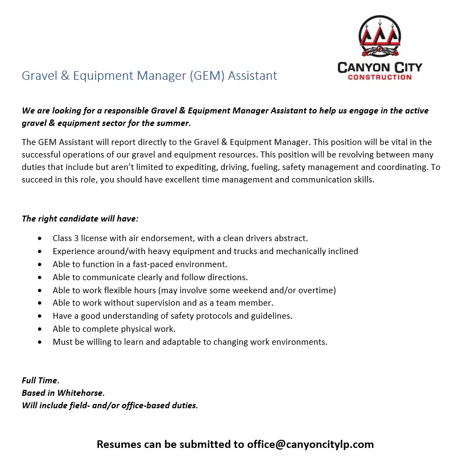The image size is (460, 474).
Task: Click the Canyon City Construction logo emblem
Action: click(380, 37)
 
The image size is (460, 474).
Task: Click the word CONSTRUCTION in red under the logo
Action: click(380, 77)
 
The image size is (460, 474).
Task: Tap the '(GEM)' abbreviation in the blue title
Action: click(207, 75)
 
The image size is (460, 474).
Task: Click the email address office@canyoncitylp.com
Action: click(310, 444)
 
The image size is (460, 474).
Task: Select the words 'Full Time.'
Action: click(41, 381)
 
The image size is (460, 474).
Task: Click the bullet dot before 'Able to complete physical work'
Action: click(40, 329)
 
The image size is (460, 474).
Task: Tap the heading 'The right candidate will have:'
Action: click(80, 219)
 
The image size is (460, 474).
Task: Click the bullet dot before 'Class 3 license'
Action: click(40, 238)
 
